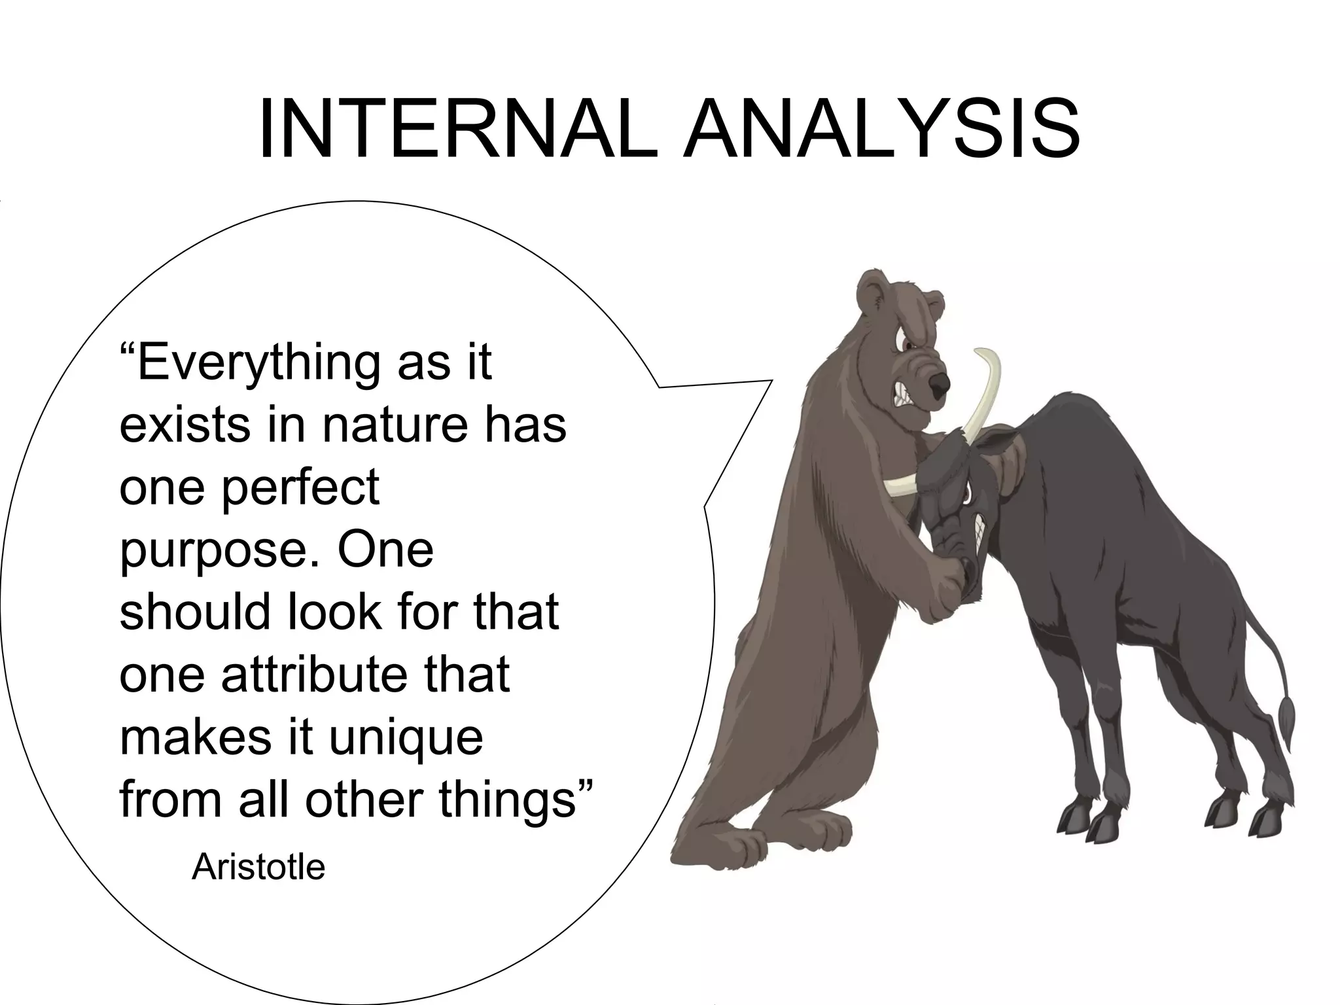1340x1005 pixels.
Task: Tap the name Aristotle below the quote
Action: pos(258,868)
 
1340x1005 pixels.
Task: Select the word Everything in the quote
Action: pos(258,364)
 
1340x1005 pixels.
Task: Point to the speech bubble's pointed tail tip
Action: pos(772,379)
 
